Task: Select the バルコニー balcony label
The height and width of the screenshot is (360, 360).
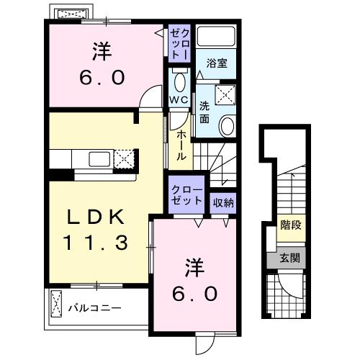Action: tap(94, 309)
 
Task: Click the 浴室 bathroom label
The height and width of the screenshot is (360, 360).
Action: tap(217, 63)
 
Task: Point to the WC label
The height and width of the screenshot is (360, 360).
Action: tap(179, 99)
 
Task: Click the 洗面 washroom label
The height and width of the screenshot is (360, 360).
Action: tap(204, 114)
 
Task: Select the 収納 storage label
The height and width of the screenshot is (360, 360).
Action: tap(223, 202)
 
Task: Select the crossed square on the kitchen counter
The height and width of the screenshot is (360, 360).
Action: tap(125, 159)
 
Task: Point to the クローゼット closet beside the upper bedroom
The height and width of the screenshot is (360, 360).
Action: tap(179, 43)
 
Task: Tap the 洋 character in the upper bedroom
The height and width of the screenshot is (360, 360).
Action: tap(102, 52)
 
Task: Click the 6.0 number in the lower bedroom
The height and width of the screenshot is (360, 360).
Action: tap(194, 294)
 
